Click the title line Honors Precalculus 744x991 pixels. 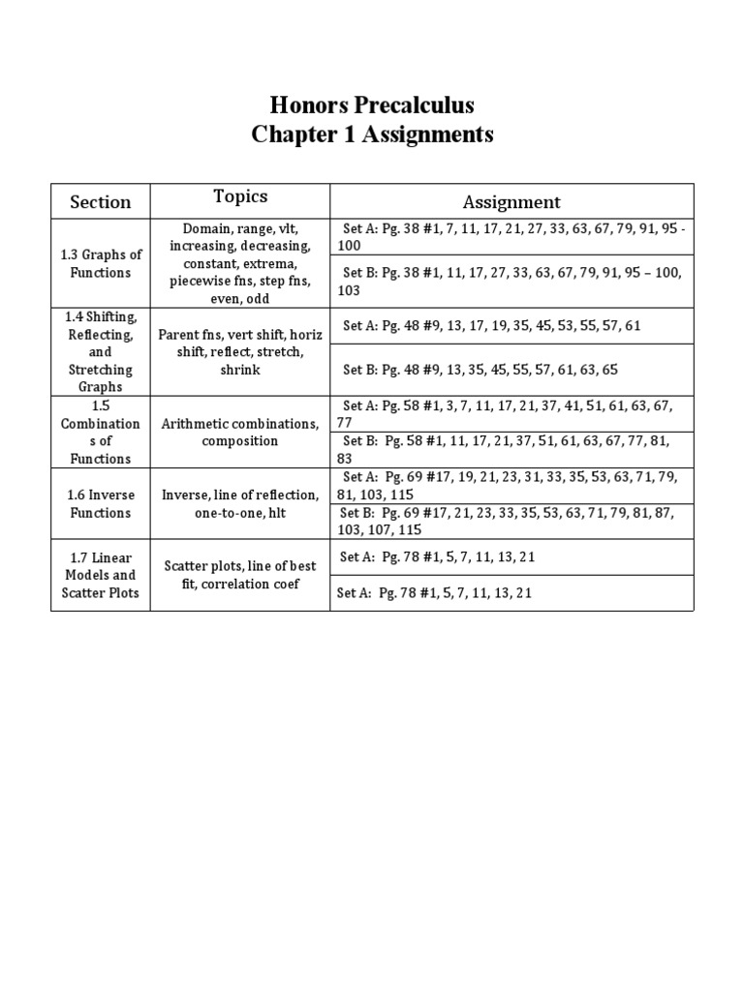[x=372, y=105]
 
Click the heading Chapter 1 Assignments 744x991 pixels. [x=372, y=135]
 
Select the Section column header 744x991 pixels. [x=100, y=202]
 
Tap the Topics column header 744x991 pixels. [x=240, y=196]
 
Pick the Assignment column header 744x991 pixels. [x=511, y=202]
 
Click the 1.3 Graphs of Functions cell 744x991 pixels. [x=100, y=263]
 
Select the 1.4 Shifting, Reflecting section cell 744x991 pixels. [x=100, y=351]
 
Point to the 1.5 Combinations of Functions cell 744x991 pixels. [x=100, y=432]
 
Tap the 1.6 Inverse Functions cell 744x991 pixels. [x=100, y=503]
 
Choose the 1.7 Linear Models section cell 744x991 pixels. [x=100, y=575]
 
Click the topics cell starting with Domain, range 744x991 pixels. [x=240, y=263]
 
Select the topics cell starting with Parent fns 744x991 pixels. [x=240, y=351]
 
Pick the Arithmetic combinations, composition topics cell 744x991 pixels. [x=240, y=432]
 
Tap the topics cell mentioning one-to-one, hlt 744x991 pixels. [x=240, y=503]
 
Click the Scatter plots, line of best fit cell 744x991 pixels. [x=240, y=575]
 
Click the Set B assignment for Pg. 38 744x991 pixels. [x=511, y=282]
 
